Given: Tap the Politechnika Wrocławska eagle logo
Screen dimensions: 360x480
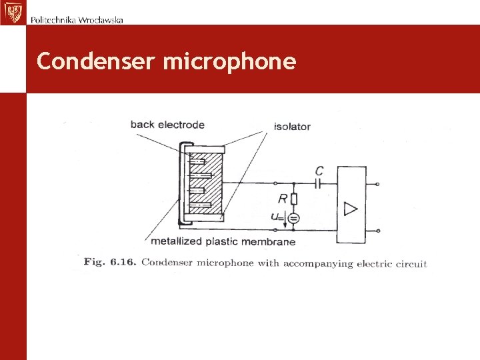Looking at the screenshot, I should (x=12, y=12).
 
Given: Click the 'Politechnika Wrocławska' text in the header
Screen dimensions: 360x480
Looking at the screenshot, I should (x=77, y=19).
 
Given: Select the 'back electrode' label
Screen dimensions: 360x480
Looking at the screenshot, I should (x=167, y=124).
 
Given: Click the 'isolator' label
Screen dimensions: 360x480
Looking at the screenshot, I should (x=292, y=126).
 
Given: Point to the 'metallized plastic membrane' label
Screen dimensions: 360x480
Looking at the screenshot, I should (x=223, y=241).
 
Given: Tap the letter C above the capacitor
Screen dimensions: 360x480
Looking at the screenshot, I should (x=319, y=171).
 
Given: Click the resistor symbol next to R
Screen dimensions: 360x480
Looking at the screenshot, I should (x=294, y=198).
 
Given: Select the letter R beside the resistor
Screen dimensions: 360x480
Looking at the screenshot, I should (x=283, y=198).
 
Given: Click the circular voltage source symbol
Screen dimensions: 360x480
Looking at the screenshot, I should (x=294, y=217).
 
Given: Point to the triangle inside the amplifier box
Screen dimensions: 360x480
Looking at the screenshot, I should (x=351, y=209).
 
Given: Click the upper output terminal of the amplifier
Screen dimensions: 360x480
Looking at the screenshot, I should (x=379, y=183).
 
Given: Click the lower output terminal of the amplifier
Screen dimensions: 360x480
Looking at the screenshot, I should (x=379, y=231).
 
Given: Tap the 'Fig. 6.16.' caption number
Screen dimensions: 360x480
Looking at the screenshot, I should (x=110, y=262).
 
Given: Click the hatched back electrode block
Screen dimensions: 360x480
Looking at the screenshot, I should (x=206, y=183).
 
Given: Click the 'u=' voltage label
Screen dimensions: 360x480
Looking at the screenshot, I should (x=277, y=217).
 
